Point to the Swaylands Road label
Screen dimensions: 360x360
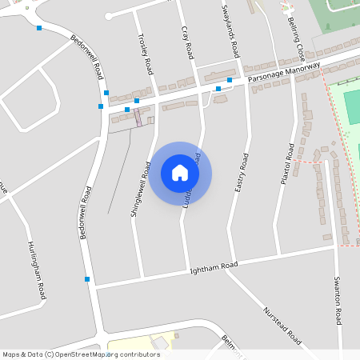tap(231, 29)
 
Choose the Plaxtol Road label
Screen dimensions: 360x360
tap(287, 164)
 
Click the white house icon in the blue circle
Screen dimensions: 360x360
tap(180, 172)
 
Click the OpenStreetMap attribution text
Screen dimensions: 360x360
tap(81, 354)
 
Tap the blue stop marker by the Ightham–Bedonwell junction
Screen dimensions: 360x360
tap(86, 278)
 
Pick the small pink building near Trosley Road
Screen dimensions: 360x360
tap(138, 118)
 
